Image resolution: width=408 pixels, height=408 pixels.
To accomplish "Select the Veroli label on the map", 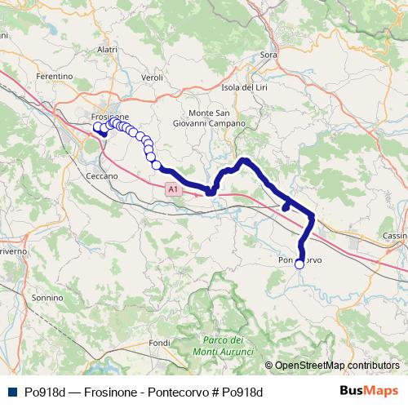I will click(x=153, y=78).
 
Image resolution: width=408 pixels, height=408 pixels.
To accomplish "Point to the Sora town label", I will click(x=268, y=55).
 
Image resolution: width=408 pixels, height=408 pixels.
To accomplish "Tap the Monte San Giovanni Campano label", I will click(x=216, y=118).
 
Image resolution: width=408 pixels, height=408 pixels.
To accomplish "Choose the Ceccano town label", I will click(x=102, y=175).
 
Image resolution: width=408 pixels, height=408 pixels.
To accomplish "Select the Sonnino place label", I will click(x=42, y=299).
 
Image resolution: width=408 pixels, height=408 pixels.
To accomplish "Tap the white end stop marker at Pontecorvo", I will click(x=299, y=264).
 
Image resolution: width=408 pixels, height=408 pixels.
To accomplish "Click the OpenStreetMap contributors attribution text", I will click(x=338, y=366).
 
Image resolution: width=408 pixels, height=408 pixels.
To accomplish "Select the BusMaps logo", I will click(x=374, y=392).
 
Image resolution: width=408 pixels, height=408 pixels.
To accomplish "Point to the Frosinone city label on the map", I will click(x=110, y=117).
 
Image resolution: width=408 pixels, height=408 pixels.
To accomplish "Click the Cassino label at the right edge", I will click(x=395, y=236).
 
